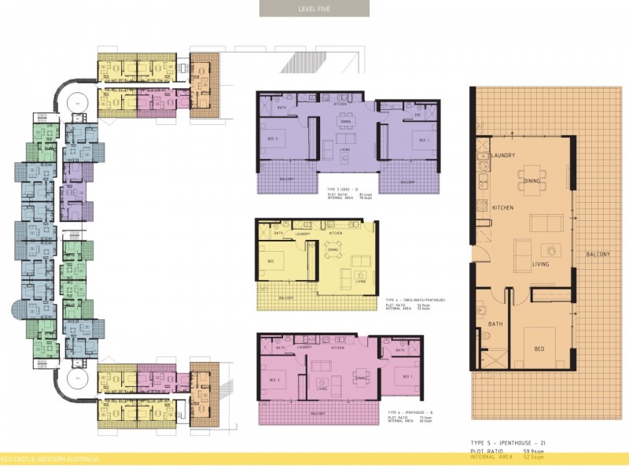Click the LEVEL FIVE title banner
click(314, 9)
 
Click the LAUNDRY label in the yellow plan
click(302, 234)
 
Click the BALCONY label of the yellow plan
click(286, 298)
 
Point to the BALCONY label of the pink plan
click(318, 412)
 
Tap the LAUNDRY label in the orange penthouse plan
click(502, 155)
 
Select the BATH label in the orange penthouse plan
click(495, 324)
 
